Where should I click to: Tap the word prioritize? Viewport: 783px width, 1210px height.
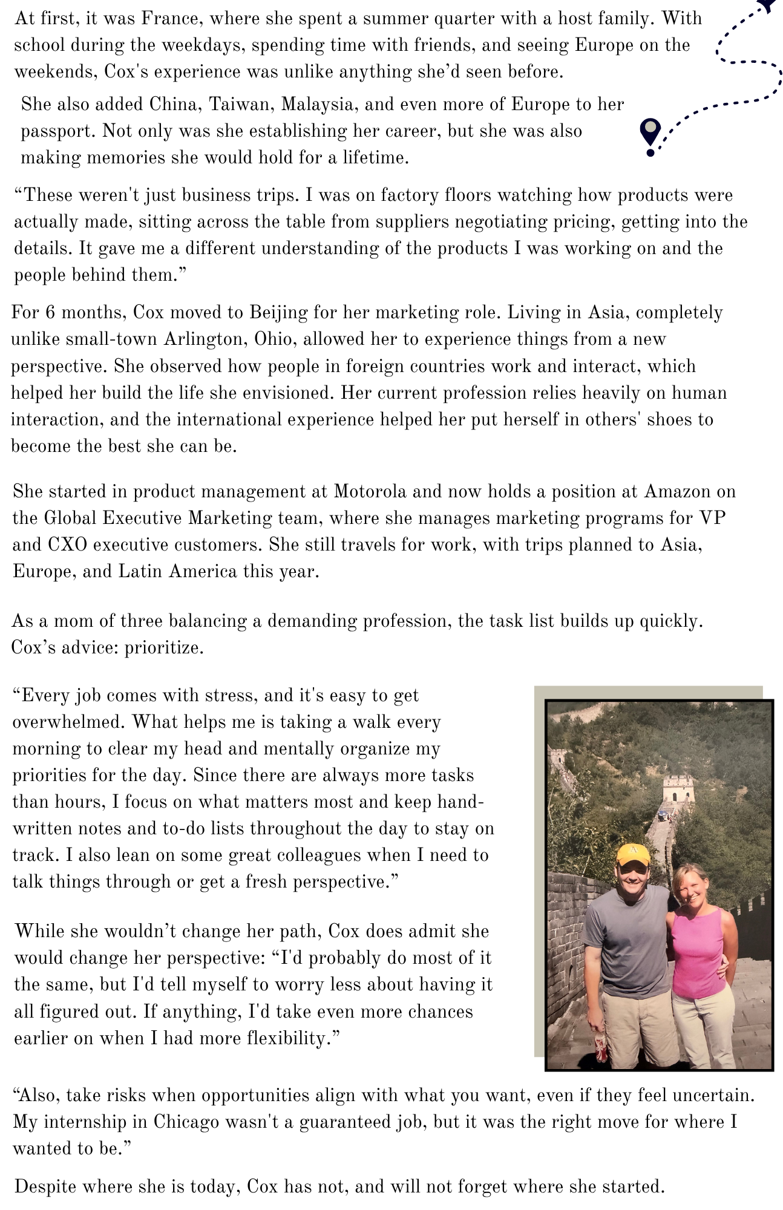coord(164,647)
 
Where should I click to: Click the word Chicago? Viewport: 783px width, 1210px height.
coord(186,1122)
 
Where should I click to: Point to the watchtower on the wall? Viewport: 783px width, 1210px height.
coord(675,789)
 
